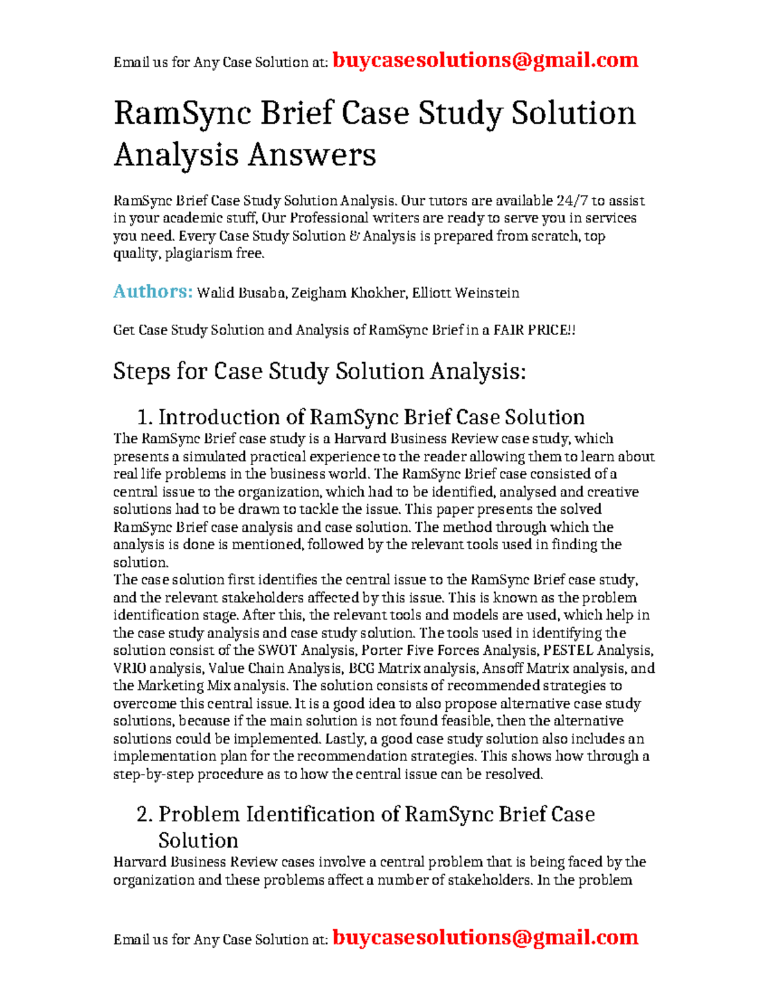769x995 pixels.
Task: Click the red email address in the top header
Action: pyautogui.click(x=486, y=60)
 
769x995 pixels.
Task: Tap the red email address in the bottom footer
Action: pyautogui.click(x=486, y=937)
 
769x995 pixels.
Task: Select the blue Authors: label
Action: pyautogui.click(x=153, y=292)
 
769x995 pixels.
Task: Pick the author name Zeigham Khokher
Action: pyautogui.click(x=351, y=293)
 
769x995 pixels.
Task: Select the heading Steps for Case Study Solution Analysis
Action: pyautogui.click(x=319, y=372)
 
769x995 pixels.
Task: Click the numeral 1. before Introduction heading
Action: pyautogui.click(x=145, y=418)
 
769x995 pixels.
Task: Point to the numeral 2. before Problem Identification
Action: pyautogui.click(x=145, y=814)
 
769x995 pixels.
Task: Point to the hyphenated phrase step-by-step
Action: pyautogui.click(x=153, y=774)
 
